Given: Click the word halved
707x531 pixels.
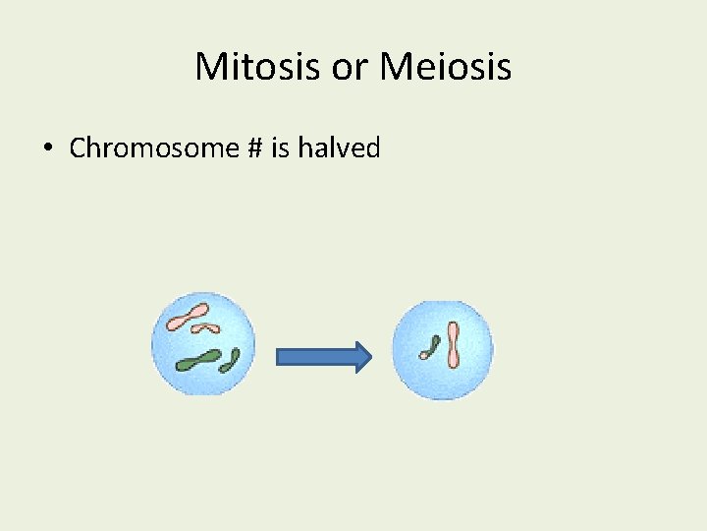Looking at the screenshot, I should [x=331, y=148].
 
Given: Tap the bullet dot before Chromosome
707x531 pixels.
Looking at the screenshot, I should [x=47, y=149].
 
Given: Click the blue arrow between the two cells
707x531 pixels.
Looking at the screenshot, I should [x=322, y=356].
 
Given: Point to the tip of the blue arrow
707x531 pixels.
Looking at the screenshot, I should [x=369, y=356].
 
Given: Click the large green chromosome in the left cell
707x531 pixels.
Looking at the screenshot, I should [x=199, y=360].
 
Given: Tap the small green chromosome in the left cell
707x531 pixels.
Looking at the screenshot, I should [x=230, y=361].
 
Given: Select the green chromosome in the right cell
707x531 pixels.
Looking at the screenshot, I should [x=429, y=347].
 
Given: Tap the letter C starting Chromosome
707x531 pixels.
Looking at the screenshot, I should [x=78, y=148].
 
